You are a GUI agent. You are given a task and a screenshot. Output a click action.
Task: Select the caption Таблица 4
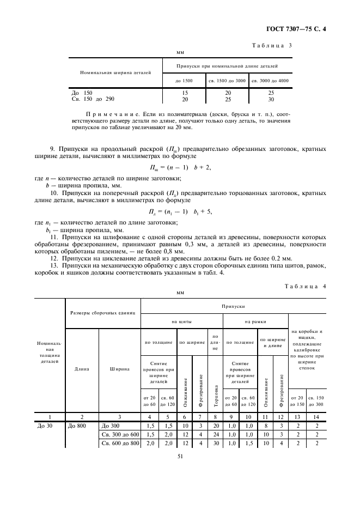click(305, 286)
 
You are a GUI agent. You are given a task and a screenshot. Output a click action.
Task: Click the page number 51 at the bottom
click(179, 470)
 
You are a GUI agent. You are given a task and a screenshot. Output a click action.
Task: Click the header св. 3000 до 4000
click(271, 81)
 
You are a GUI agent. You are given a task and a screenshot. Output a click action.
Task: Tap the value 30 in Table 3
click(271, 99)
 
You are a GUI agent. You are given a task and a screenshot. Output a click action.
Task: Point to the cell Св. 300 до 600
click(120, 434)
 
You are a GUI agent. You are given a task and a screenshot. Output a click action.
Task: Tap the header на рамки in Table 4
click(254, 322)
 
